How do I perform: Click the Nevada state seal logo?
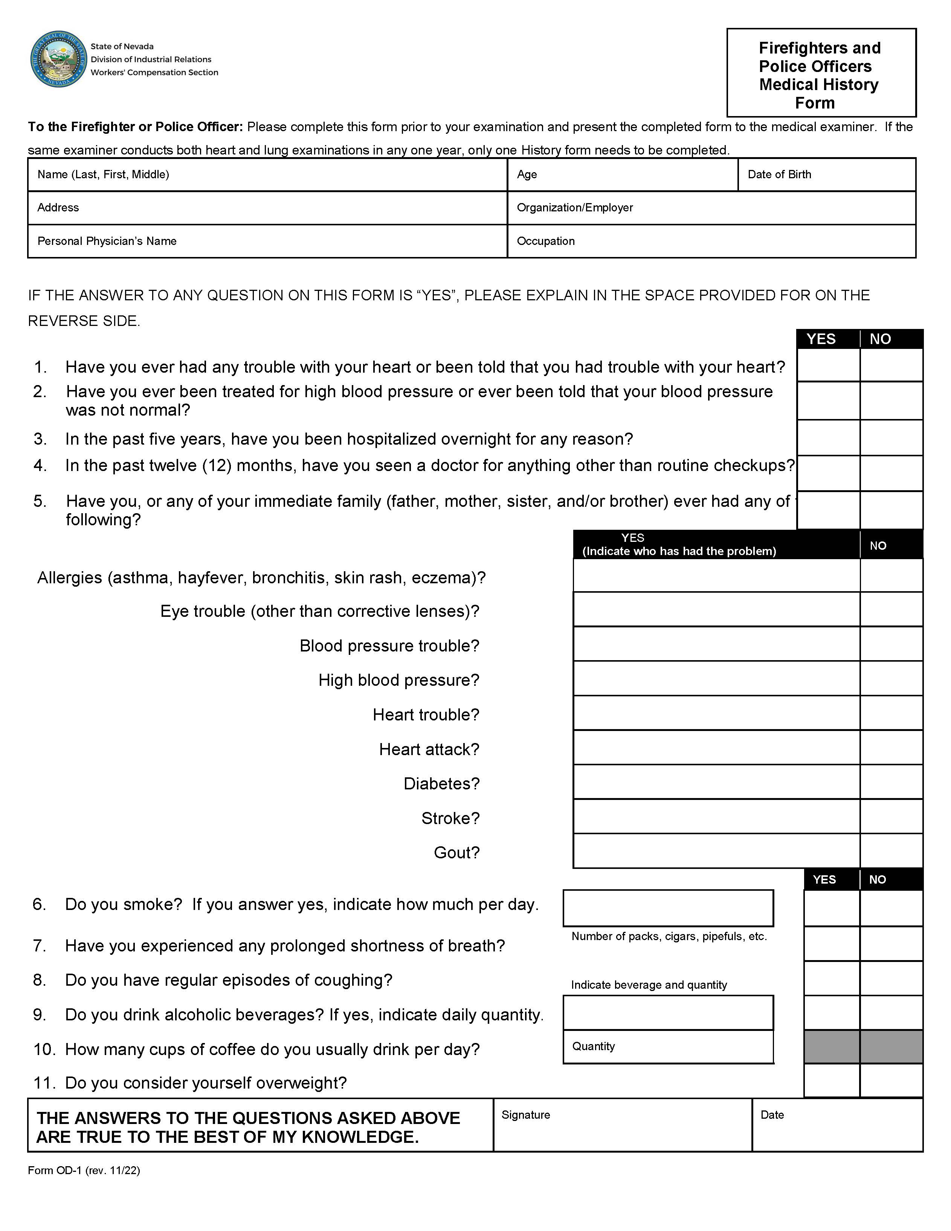[x=59, y=59]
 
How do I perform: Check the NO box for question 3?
[x=891, y=437]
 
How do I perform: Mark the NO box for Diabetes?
[x=891, y=782]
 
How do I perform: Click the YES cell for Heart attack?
[x=716, y=748]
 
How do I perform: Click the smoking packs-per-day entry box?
[x=668, y=908]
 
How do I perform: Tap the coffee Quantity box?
[x=668, y=1047]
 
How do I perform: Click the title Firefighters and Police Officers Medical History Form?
[x=820, y=75]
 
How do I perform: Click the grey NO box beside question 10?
[x=891, y=1047]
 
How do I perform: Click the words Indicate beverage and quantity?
[x=649, y=985]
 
